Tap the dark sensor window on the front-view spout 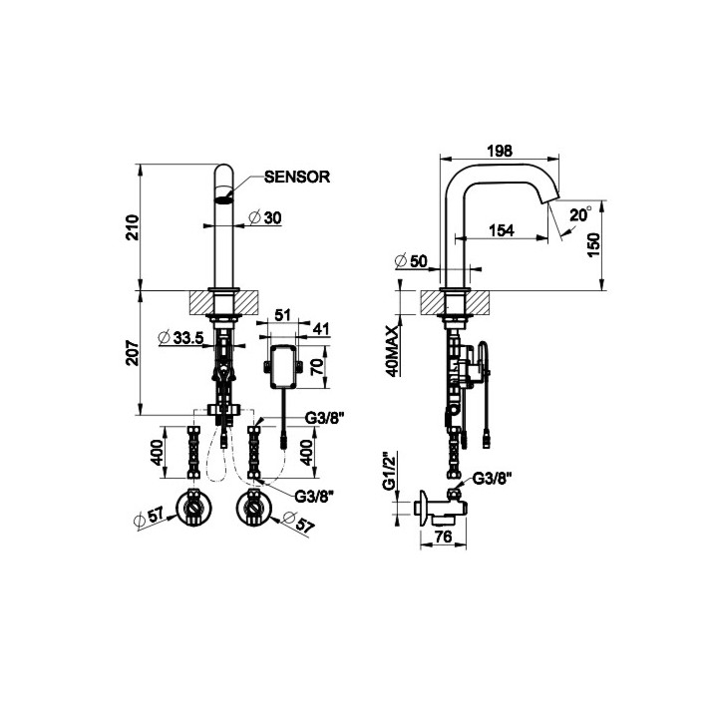point(225,197)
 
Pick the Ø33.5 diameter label point(181,338)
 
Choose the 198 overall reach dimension point(500,151)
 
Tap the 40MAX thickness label point(396,349)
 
